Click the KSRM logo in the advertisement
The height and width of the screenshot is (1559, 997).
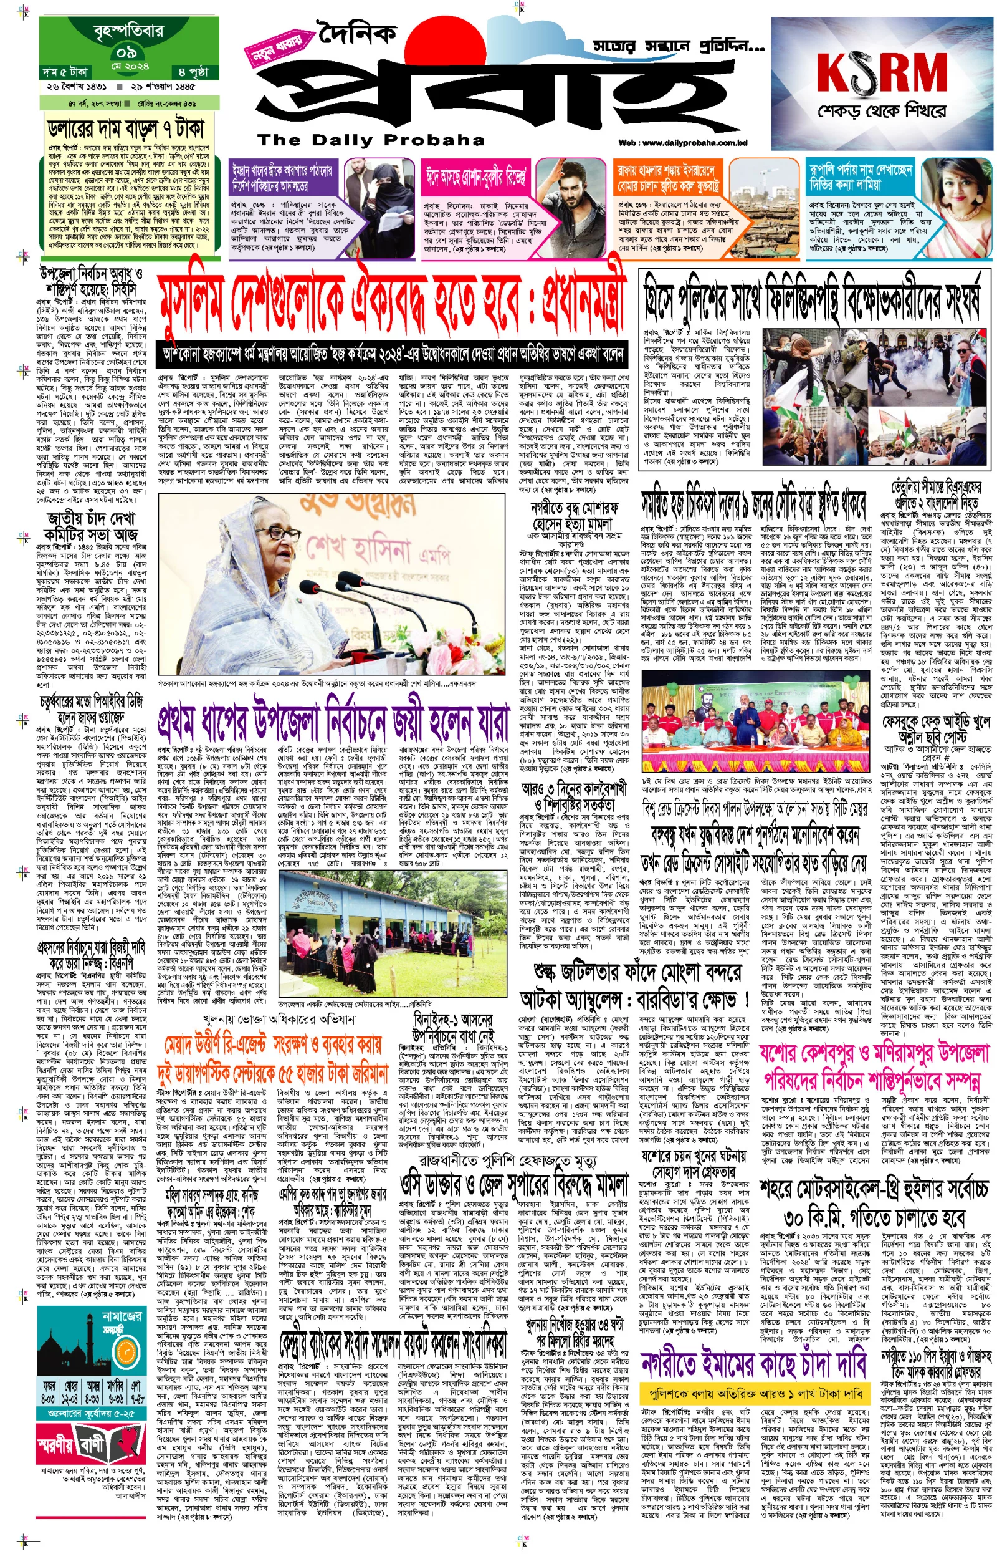point(882,72)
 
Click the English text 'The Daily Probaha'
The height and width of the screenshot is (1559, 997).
point(371,140)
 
